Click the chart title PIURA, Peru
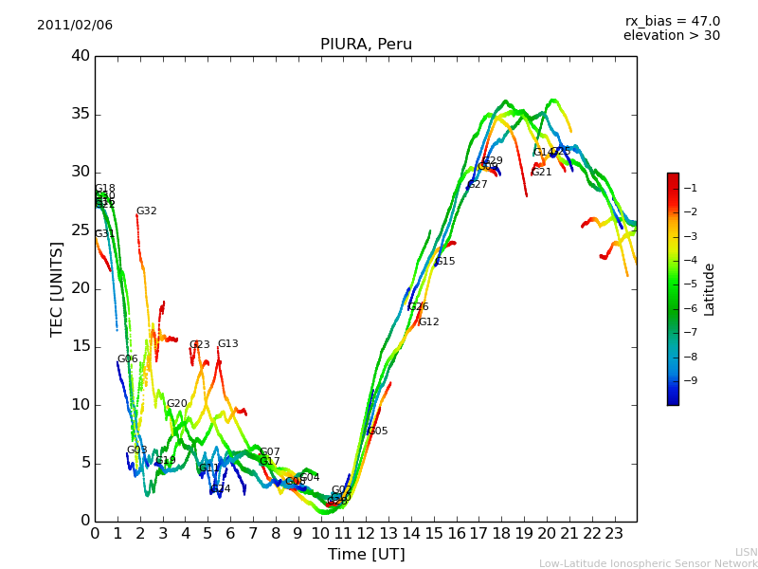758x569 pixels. (366, 45)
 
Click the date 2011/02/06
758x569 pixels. (75, 26)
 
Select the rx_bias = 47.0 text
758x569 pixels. (672, 21)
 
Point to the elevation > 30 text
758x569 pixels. (672, 36)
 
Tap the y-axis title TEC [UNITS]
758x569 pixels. (57, 288)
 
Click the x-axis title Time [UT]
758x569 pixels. (366, 555)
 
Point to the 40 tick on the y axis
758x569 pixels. (81, 56)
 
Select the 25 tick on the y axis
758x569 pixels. (81, 230)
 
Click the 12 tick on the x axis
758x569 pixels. (366, 533)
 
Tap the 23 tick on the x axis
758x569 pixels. (614, 533)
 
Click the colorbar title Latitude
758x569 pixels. (709, 288)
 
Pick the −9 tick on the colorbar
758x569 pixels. (689, 380)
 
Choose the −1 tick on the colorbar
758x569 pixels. (689, 188)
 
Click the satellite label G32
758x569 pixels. (147, 211)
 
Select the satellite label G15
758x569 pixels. (445, 262)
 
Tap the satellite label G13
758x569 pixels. (228, 344)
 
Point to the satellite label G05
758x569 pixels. (378, 431)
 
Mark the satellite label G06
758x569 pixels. (128, 359)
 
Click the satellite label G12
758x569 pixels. (429, 322)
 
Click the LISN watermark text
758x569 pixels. (746, 552)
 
